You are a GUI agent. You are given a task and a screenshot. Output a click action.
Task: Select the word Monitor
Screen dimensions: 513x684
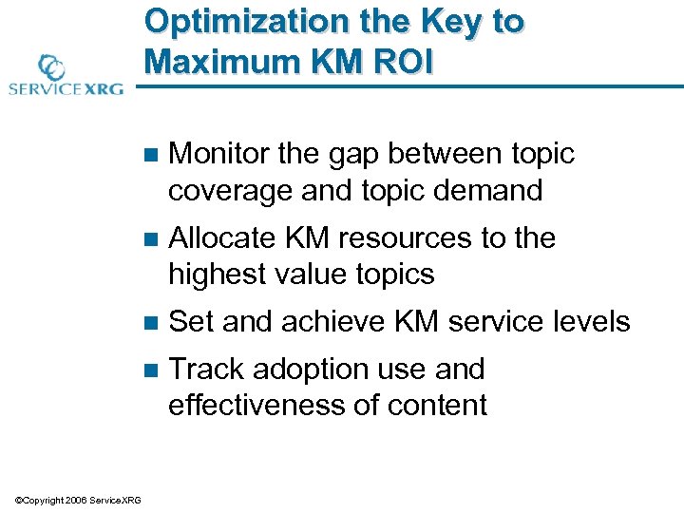[x=220, y=154]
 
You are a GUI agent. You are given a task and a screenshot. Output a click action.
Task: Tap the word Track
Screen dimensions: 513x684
[x=207, y=369]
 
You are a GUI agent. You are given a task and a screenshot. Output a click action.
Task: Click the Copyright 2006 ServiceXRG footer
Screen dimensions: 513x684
[x=78, y=501]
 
